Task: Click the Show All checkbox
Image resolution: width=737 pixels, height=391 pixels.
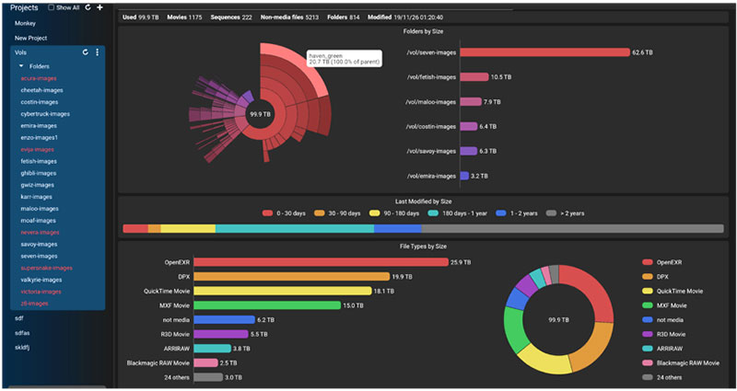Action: point(51,7)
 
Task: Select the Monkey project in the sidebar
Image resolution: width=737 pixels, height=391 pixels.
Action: point(25,22)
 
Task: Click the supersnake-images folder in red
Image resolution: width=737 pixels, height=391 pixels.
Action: point(46,268)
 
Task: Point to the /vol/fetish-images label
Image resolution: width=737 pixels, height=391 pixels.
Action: point(430,77)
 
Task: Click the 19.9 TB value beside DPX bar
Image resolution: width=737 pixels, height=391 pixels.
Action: point(402,277)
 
